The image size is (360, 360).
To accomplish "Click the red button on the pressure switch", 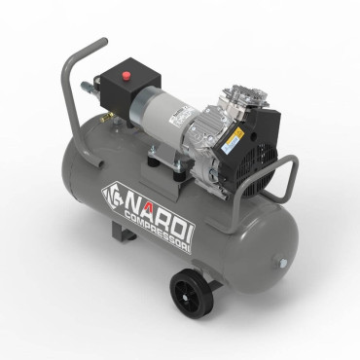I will tap(125, 73).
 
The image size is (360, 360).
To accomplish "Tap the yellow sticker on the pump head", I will tap(234, 139).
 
